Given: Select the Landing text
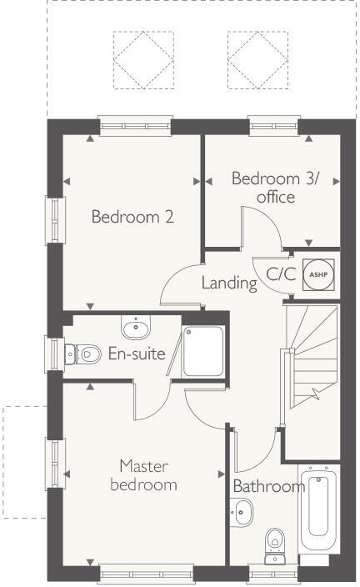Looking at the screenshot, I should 229,283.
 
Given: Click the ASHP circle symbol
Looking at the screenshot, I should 316,273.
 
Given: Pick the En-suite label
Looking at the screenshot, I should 137,354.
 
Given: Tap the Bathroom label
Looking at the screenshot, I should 268,487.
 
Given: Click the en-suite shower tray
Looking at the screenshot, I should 202,350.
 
